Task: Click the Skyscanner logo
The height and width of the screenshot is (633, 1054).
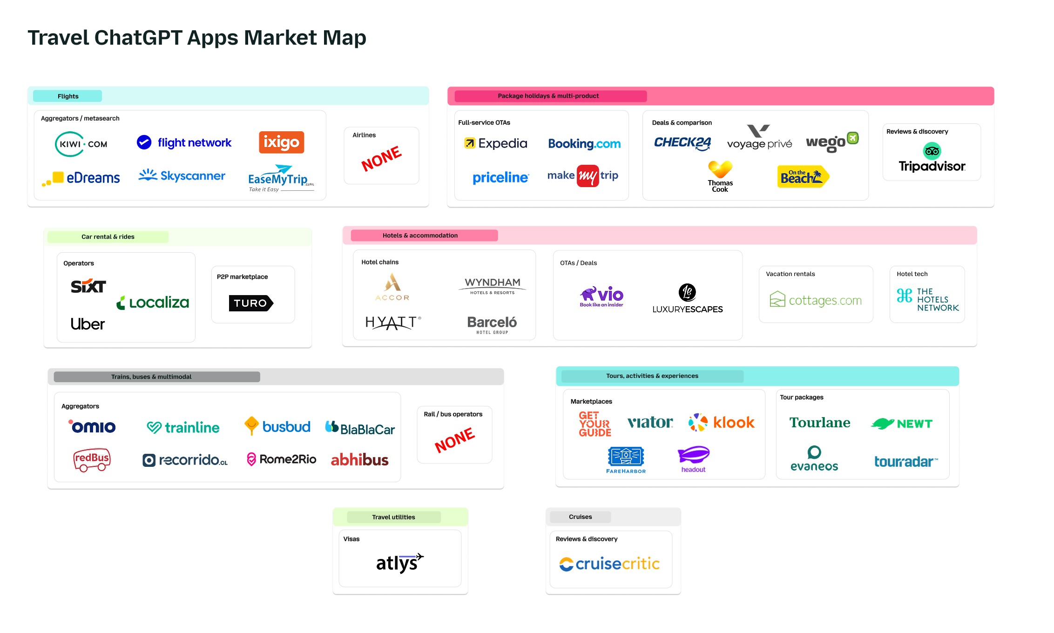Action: (182, 175)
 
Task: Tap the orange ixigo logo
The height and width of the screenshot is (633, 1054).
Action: (281, 142)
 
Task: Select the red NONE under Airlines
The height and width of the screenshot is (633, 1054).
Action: (381, 158)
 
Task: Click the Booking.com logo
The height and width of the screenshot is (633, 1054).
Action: (584, 144)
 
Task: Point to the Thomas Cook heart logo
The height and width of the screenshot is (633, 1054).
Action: (720, 169)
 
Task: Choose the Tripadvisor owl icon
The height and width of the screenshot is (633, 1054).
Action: (932, 151)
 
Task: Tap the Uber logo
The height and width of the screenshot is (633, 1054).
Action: (88, 324)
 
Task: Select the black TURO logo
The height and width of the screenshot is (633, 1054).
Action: (251, 303)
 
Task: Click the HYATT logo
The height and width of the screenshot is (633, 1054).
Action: (393, 322)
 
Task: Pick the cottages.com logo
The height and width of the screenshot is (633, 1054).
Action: (816, 300)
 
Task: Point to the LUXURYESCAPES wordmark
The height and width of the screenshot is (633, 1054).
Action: (687, 309)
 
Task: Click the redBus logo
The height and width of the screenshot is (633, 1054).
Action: (92, 459)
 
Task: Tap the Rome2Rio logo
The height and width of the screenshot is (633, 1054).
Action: (282, 459)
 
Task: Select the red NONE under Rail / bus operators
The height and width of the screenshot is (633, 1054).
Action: (454, 440)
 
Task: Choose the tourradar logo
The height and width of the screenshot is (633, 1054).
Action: (905, 461)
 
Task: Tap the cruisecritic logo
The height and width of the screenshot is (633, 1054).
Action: (609, 564)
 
